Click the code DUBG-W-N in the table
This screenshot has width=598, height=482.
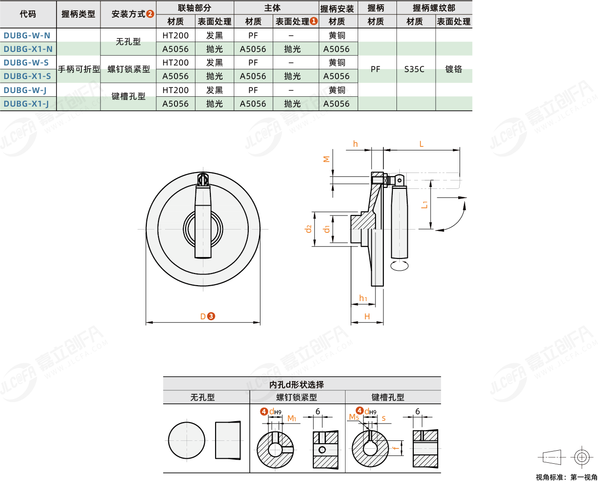pos(27,35)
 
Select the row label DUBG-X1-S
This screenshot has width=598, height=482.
pos(27,76)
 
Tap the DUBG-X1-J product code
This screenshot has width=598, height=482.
pos(26,104)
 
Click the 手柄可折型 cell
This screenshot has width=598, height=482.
pos(79,69)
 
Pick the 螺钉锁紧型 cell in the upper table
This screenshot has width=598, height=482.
pos(129,69)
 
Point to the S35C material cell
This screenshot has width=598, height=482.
pos(414,69)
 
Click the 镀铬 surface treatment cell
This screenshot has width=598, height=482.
pos(454,69)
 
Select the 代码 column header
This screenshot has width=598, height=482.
pos(28,14)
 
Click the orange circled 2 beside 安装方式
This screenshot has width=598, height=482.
pos(150,14)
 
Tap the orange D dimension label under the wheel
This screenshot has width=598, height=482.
pos(203,317)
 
